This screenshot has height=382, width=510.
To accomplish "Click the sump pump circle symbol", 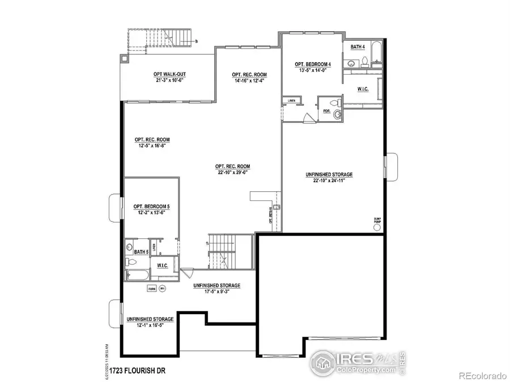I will coord(377,228).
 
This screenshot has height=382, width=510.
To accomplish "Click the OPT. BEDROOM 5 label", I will coord(151,207).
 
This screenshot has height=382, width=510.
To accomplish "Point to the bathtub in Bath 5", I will coord(137,276).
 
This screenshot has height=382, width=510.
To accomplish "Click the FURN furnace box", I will coord(151,289).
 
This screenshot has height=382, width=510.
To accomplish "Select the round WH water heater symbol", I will coord(162,289).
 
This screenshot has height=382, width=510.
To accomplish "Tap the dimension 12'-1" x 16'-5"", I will coord(150,326).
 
